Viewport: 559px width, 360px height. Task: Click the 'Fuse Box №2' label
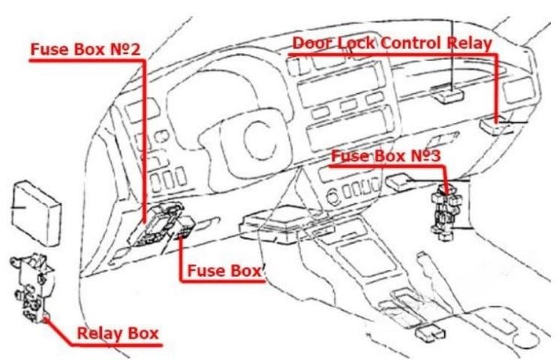(x=86, y=49)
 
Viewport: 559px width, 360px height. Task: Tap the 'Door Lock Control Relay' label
(x=392, y=43)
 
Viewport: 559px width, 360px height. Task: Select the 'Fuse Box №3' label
(x=386, y=156)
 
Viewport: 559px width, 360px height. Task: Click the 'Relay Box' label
(x=118, y=333)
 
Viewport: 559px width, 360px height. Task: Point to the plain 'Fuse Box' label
(x=224, y=271)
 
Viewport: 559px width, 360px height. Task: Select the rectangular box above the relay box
(x=36, y=213)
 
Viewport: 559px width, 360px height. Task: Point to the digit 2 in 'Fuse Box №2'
(x=135, y=49)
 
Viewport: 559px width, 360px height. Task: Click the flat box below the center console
(x=430, y=332)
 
